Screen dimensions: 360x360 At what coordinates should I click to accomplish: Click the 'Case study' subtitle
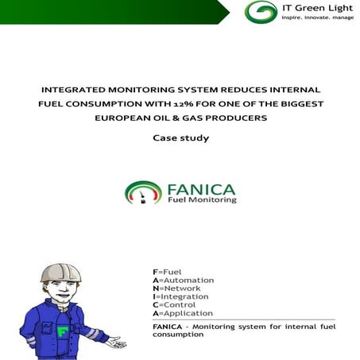[x=180, y=138]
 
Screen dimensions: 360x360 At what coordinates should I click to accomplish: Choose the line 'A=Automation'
[x=182, y=281]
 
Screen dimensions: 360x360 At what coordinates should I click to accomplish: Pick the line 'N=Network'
[x=176, y=288]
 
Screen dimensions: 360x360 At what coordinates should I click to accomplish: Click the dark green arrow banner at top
[x=111, y=10]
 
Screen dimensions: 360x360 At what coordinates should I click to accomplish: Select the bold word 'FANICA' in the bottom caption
[x=167, y=326]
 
